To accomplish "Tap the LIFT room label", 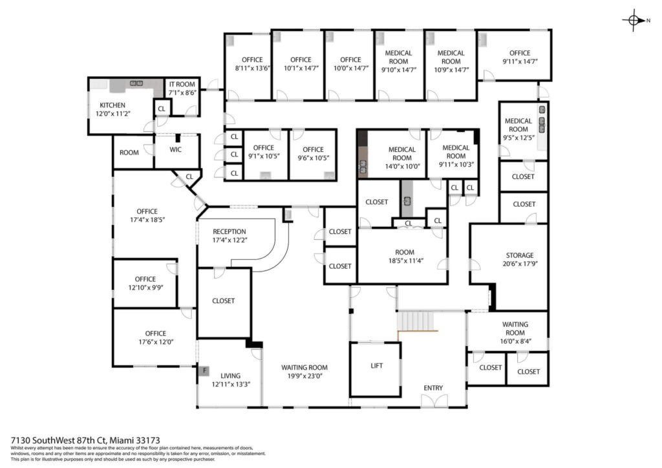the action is pyautogui.click(x=377, y=365).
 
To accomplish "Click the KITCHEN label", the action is pyautogui.click(x=112, y=105).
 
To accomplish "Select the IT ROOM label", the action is pyautogui.click(x=182, y=84).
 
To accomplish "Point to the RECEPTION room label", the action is pyautogui.click(x=230, y=231).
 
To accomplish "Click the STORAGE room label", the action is pyautogui.click(x=520, y=255).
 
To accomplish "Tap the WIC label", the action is pyautogui.click(x=176, y=149).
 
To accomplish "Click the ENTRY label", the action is pyautogui.click(x=433, y=387).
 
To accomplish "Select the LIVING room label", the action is pyautogui.click(x=231, y=376).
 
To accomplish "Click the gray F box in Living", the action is pyautogui.click(x=204, y=371).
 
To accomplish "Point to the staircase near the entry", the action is pyautogui.click(x=417, y=321).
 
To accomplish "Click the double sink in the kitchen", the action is pyautogui.click(x=136, y=83).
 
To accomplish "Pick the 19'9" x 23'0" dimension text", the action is pyautogui.click(x=304, y=376).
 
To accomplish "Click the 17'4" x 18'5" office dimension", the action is pyautogui.click(x=147, y=219).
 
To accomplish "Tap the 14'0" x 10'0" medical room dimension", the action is pyautogui.click(x=402, y=166).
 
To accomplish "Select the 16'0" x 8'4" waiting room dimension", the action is pyautogui.click(x=515, y=341).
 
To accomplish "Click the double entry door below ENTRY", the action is pyautogui.click(x=434, y=401).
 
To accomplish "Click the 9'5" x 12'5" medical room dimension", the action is pyautogui.click(x=518, y=138).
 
